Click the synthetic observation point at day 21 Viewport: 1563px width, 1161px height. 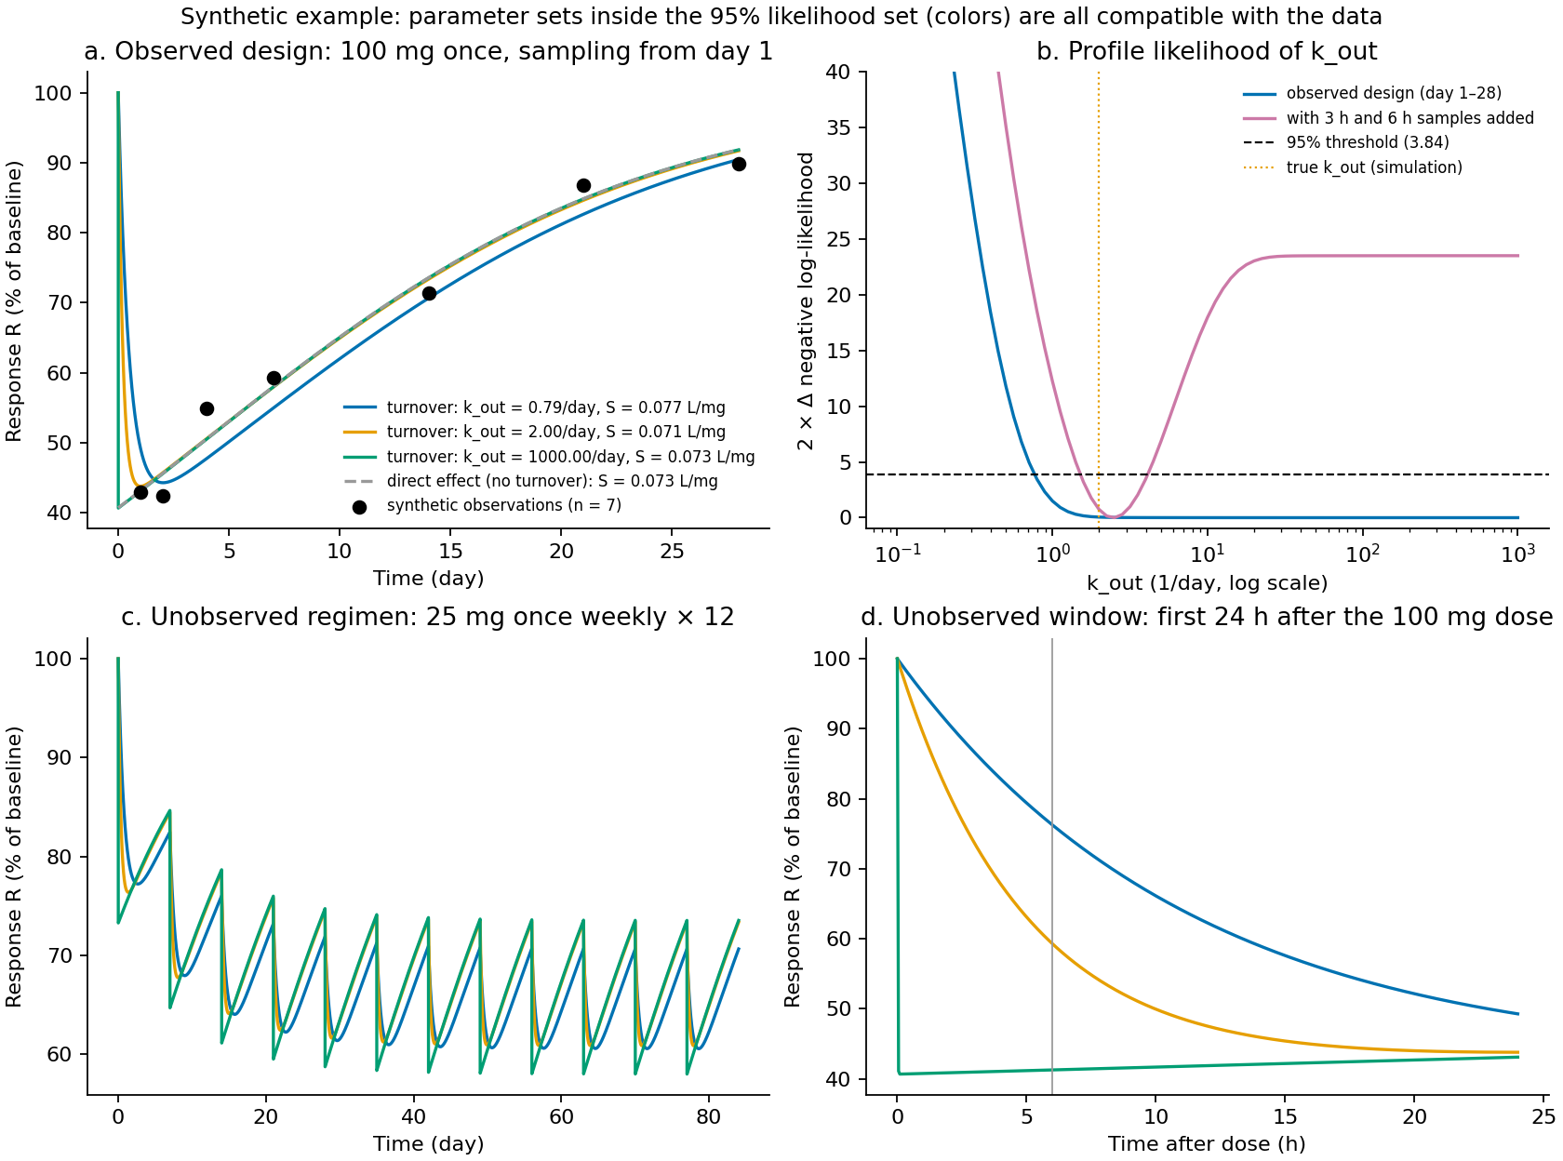[x=583, y=185]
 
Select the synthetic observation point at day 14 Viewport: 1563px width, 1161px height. [x=429, y=293]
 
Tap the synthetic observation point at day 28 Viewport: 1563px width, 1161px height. [x=739, y=165]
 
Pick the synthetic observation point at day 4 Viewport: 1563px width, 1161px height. [x=207, y=408]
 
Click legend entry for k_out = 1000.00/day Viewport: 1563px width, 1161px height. [x=549, y=457]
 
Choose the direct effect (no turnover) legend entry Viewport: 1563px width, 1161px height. [x=530, y=482]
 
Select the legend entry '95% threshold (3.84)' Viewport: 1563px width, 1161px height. [x=1346, y=142]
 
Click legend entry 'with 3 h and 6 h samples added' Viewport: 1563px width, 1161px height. [x=1388, y=118]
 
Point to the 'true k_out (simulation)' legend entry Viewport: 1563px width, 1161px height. [x=1353, y=167]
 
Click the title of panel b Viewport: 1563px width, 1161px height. [x=1207, y=51]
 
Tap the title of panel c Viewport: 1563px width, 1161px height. [x=428, y=617]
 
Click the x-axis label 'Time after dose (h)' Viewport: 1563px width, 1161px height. [x=1207, y=1143]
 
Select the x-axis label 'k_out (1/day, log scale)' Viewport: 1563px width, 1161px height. [x=1207, y=583]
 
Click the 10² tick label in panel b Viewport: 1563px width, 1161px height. [x=1362, y=554]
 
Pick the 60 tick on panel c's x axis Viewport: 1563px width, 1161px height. [x=561, y=1116]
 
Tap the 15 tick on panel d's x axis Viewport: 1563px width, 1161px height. [x=1285, y=1116]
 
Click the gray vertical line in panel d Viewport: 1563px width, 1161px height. [x=1051, y=866]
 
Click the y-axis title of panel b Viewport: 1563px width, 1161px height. [x=805, y=301]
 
